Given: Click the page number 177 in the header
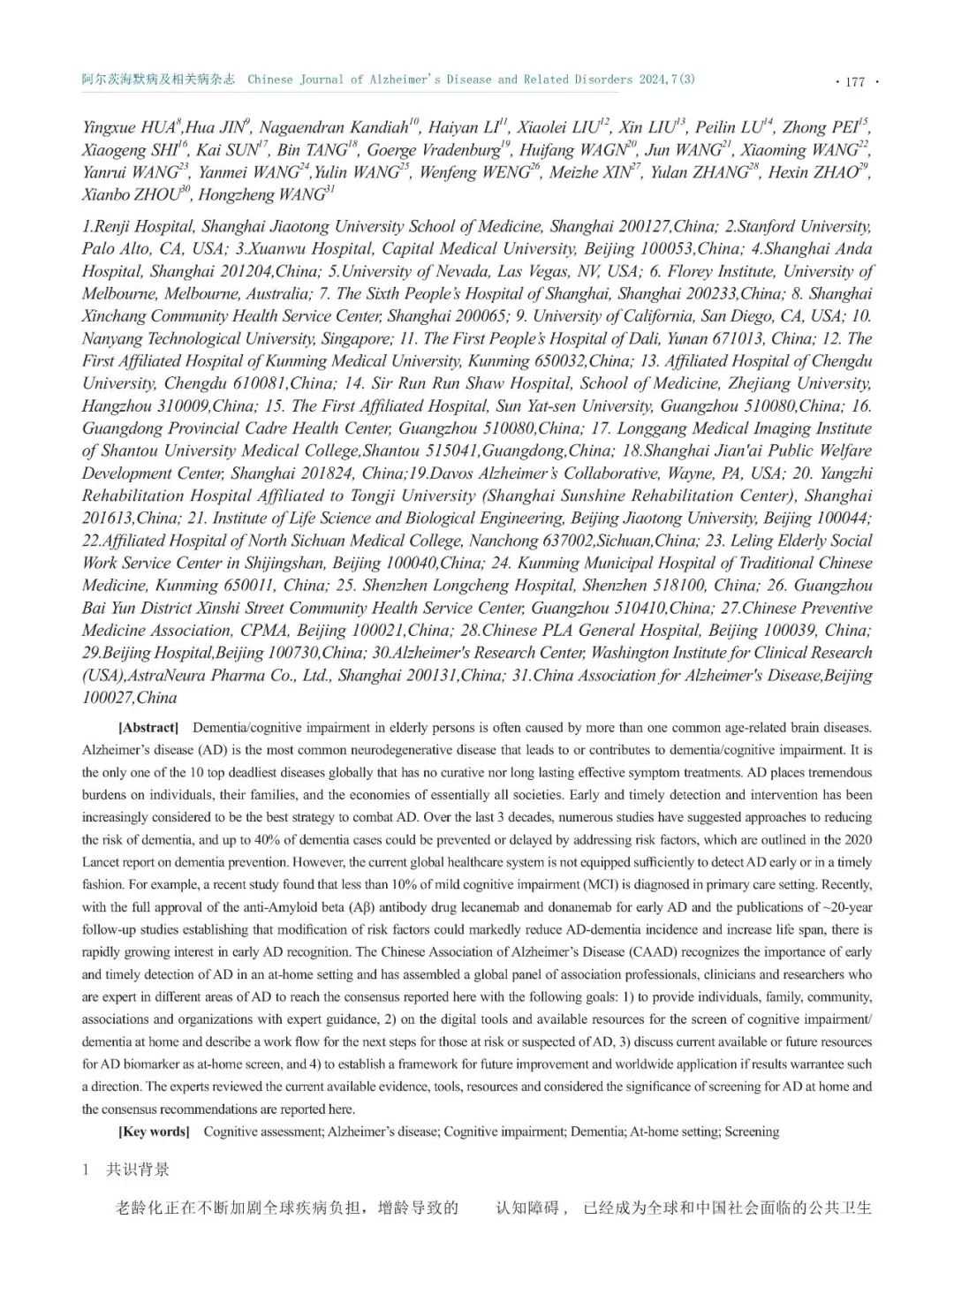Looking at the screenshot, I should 854,81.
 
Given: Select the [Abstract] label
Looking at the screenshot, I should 148,728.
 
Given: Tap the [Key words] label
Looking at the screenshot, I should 154,1132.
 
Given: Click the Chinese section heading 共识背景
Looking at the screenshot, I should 138,1170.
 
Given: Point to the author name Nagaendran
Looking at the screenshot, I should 307,128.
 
